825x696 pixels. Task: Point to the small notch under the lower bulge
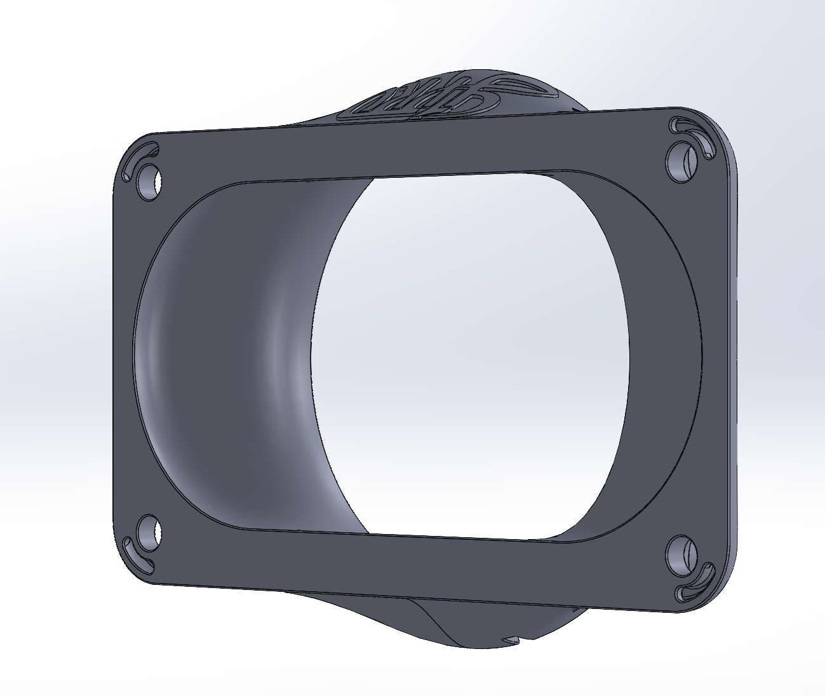pyautogui.click(x=512, y=637)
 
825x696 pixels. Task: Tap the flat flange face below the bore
pyautogui.click(x=413, y=565)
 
